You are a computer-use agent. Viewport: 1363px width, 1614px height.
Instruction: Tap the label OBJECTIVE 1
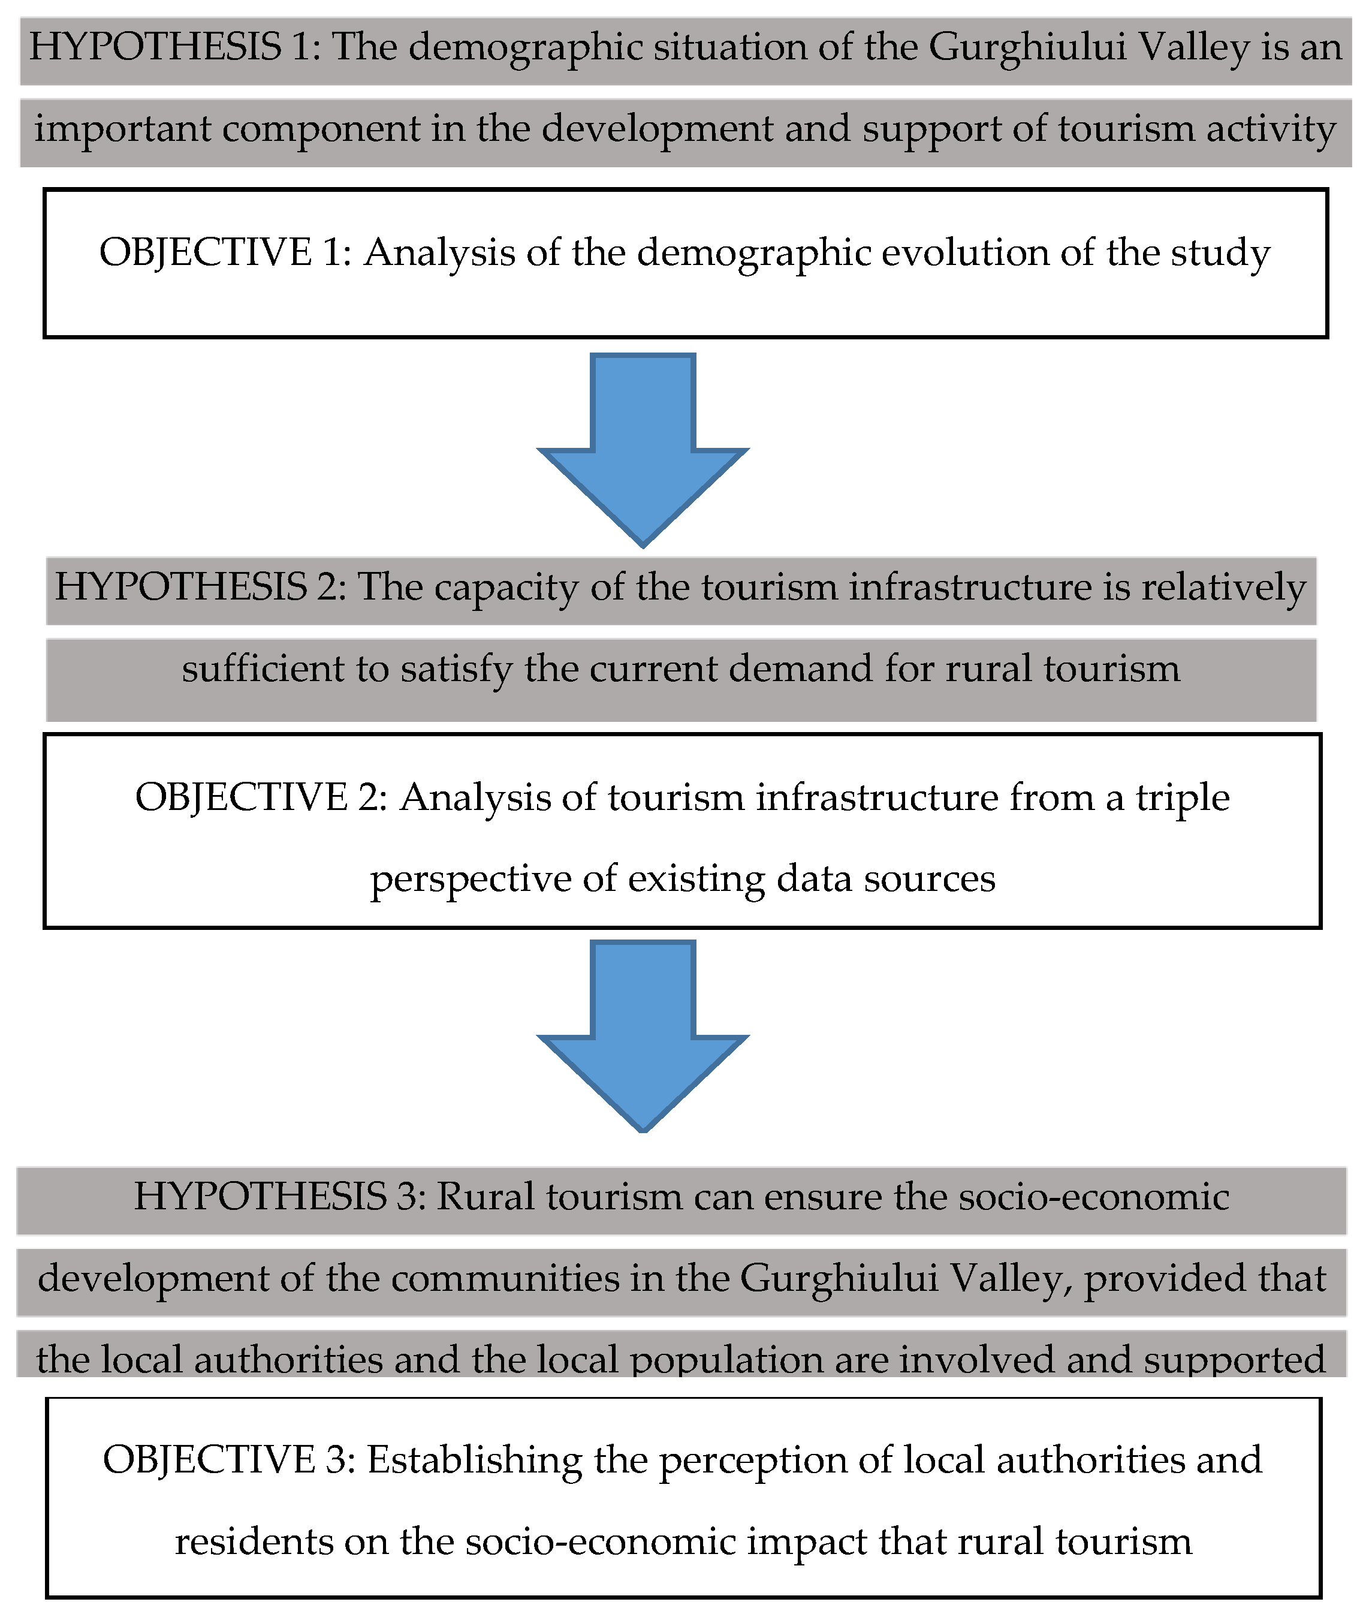coord(225,254)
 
